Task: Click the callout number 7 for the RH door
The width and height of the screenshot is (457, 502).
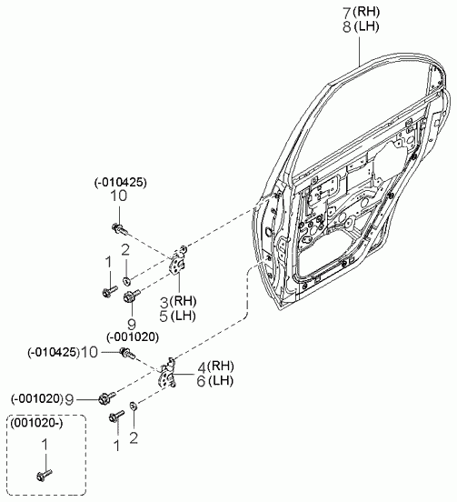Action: tap(347, 13)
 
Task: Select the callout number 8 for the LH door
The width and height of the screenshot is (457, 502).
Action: tap(347, 27)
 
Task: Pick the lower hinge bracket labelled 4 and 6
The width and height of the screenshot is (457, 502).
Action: tap(168, 373)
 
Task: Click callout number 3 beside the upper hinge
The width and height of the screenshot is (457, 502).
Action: tap(164, 302)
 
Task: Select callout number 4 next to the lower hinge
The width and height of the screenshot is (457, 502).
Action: tap(202, 366)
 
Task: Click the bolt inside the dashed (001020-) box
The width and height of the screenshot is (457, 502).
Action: tap(45, 475)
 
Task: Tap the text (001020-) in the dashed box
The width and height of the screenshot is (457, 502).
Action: tap(36, 423)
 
